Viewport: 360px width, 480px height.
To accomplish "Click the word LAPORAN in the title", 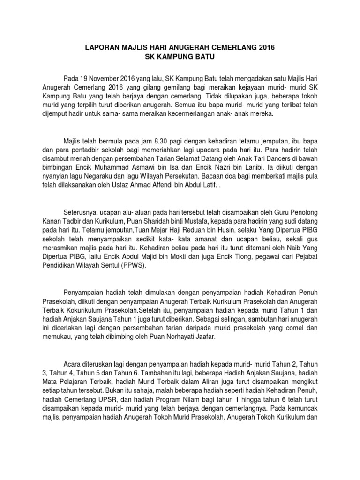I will (x=100, y=48).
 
